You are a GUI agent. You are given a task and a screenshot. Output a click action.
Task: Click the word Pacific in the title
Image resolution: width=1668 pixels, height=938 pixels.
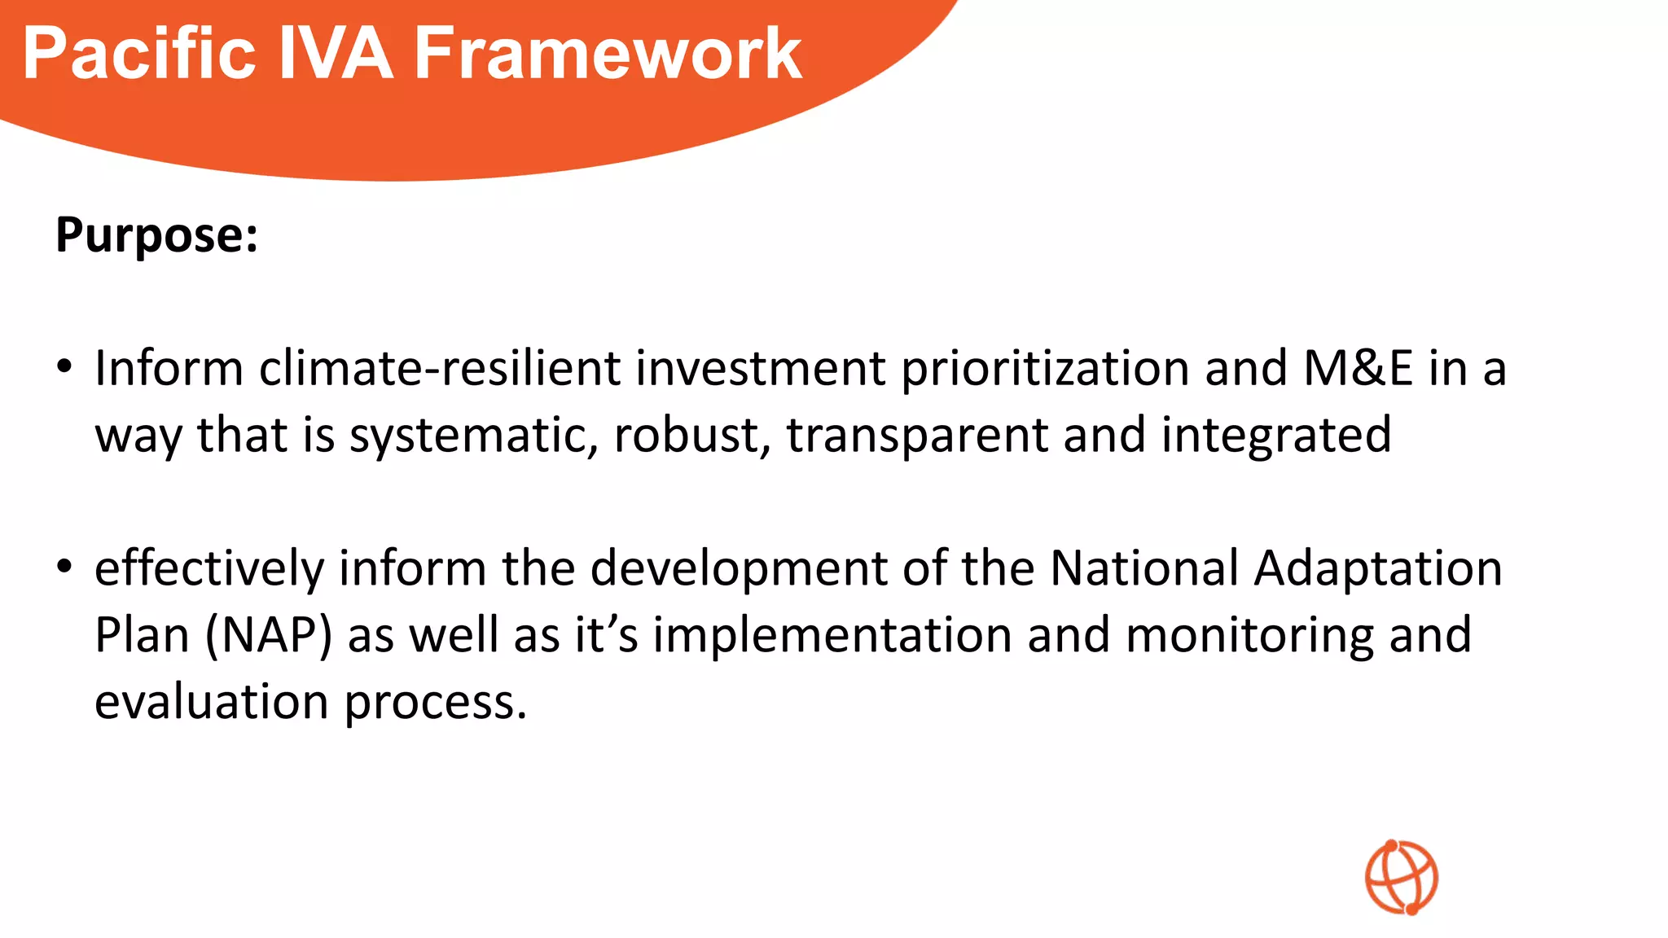pos(139,54)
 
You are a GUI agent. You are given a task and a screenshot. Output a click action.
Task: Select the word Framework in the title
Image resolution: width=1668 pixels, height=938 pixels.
pos(608,54)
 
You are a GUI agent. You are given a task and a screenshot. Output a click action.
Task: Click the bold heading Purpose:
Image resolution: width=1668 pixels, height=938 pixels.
pos(156,235)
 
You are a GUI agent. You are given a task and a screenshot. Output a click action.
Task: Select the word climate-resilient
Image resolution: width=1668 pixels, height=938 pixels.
pos(439,369)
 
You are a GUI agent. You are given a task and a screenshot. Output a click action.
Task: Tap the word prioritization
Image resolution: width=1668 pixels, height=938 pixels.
pos(1044,369)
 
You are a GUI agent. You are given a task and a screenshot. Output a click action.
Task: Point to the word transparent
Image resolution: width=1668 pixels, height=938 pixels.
pos(916,436)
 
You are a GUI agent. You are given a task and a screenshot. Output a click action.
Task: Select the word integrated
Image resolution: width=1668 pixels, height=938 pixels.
pos(1275,436)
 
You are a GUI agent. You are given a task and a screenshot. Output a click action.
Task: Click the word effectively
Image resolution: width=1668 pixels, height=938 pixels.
pos(209,568)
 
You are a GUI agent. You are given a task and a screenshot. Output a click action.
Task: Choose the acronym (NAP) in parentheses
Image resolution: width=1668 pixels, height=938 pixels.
pos(269,635)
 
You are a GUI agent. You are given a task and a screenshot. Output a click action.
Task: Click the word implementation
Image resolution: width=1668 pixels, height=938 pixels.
pos(832,635)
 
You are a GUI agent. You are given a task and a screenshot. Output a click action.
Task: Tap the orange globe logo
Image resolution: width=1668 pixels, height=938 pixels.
pos(1402,877)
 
